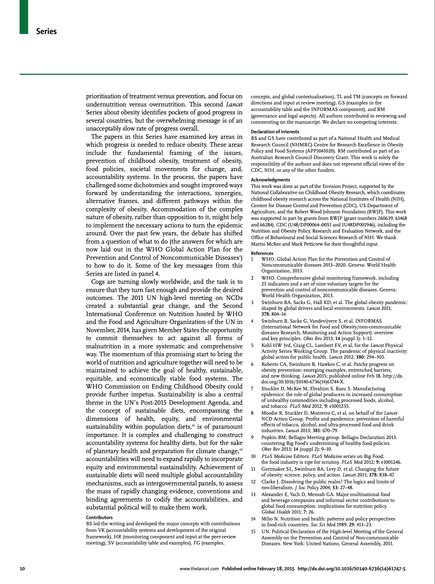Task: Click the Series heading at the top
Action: click(x=46, y=32)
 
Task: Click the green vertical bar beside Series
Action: click(x=24, y=17)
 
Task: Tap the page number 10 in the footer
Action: click(x=22, y=569)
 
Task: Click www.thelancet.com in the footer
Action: click(x=199, y=569)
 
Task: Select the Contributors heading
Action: click(x=99, y=517)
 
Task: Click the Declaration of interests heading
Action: click(x=275, y=132)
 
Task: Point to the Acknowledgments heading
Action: click(x=270, y=180)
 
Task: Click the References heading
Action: click(x=262, y=253)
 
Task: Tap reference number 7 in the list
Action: click(x=252, y=389)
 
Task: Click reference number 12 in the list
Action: click(x=253, y=482)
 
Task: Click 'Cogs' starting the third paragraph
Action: click(x=98, y=282)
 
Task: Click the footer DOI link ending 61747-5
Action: click(x=352, y=569)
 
